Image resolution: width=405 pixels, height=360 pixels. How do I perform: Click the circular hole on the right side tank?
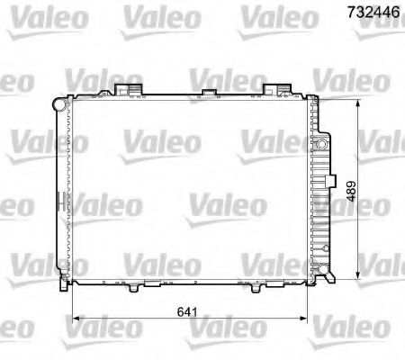[322, 143]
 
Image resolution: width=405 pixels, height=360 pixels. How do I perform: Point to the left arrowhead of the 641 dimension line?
[77, 319]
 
